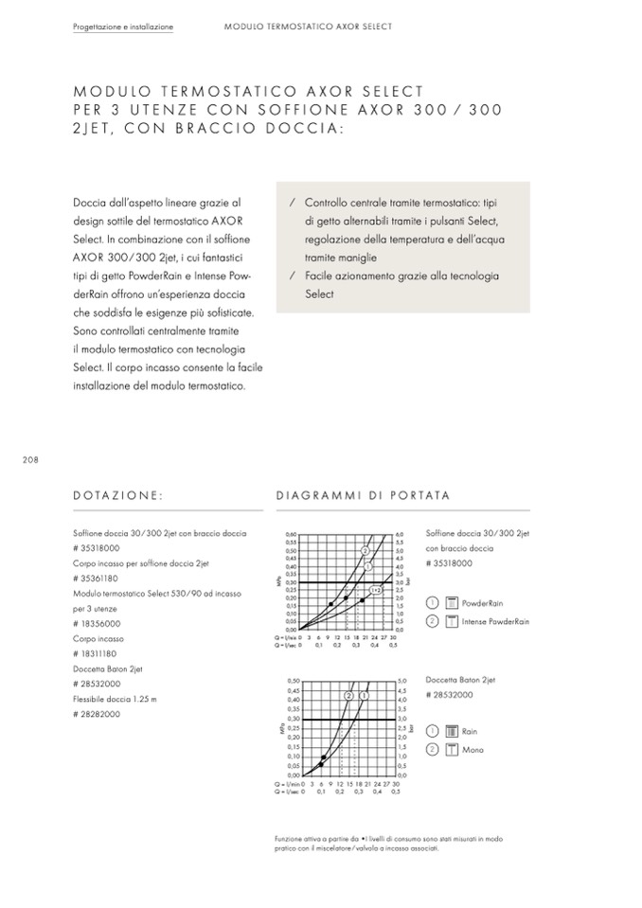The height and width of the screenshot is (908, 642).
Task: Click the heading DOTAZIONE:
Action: [x=118, y=494]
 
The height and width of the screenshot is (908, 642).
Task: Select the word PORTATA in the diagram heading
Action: [x=418, y=494]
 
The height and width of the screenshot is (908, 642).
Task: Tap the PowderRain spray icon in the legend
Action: [x=451, y=603]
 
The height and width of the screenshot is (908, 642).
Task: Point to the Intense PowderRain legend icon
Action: [x=451, y=622]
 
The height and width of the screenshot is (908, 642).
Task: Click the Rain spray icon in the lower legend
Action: [x=451, y=731]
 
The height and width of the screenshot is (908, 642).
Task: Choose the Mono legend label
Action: [x=473, y=750]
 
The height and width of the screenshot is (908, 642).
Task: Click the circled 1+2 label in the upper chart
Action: [x=375, y=590]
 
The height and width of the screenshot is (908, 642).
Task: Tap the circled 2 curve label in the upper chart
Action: [x=365, y=550]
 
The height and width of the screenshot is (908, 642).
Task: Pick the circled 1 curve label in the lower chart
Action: [x=363, y=696]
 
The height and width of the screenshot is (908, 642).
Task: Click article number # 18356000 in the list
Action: [x=96, y=624]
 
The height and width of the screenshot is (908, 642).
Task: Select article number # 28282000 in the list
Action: [x=96, y=714]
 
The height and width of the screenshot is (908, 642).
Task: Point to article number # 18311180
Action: [x=96, y=653]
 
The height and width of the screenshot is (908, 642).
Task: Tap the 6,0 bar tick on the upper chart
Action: [x=401, y=535]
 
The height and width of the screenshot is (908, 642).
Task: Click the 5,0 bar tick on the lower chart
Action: [x=402, y=681]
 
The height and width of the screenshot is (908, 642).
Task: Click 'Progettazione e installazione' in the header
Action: [x=123, y=27]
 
